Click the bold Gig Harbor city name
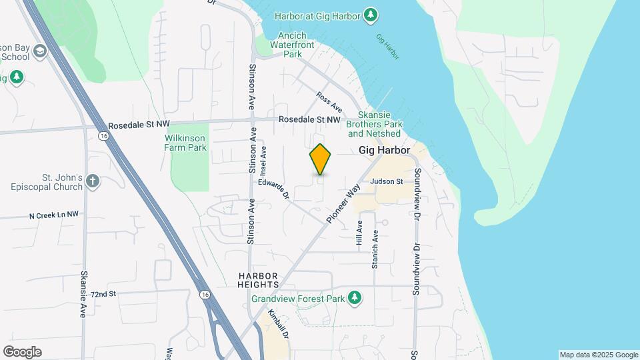(x=384, y=151)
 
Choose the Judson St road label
(x=387, y=181)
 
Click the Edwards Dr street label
(x=274, y=188)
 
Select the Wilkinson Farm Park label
(x=185, y=142)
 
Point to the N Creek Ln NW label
(x=54, y=215)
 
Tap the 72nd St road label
(x=103, y=293)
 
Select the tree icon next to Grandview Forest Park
(x=355, y=298)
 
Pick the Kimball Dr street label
(x=278, y=324)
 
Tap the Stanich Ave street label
(x=375, y=249)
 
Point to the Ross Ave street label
(x=329, y=102)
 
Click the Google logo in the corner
(x=22, y=352)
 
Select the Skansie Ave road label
(x=84, y=293)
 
